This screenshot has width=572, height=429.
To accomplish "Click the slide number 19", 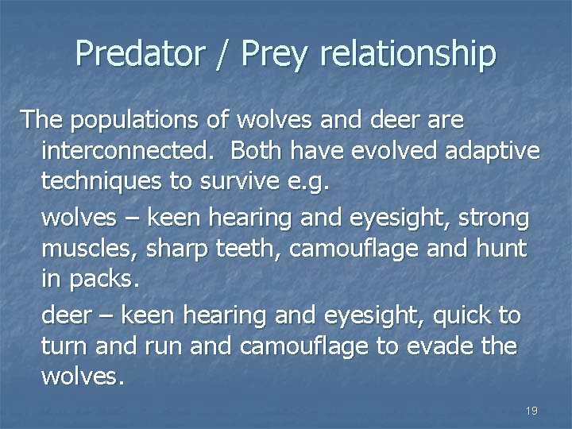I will [x=531, y=411].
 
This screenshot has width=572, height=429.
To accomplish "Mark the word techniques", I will [x=100, y=181].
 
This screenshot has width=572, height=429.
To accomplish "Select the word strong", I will [x=493, y=218].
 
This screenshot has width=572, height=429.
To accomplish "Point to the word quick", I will [x=462, y=315].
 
